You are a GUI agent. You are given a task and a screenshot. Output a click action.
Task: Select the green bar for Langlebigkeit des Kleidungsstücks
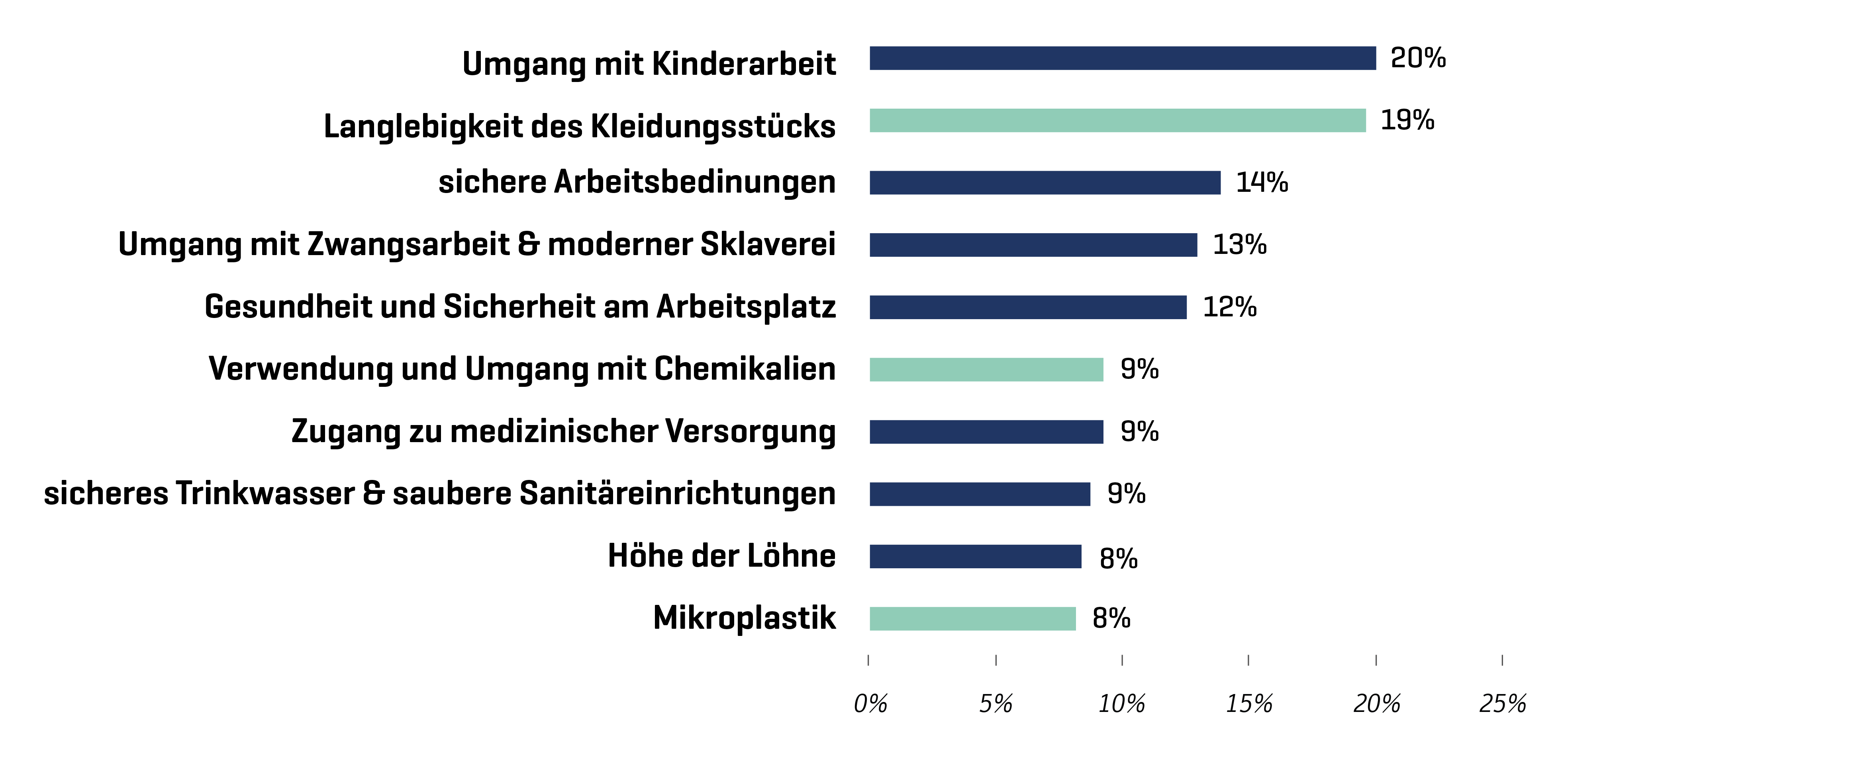click(1117, 121)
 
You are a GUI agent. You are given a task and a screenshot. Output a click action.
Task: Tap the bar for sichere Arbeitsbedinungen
click(1045, 183)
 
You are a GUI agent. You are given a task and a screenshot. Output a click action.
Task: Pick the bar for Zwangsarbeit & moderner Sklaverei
click(1033, 245)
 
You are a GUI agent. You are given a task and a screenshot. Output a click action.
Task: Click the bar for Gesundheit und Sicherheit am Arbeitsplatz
click(1028, 308)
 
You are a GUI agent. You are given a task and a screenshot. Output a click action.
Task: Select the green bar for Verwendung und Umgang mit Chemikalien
click(986, 369)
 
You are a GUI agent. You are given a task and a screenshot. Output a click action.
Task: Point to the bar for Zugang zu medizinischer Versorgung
click(986, 432)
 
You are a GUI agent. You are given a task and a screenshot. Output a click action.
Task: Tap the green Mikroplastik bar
click(973, 618)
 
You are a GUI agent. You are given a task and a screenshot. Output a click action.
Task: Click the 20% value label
click(1418, 58)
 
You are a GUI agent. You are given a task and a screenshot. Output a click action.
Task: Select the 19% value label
click(1407, 120)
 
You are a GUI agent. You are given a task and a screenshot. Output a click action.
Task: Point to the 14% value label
click(1262, 183)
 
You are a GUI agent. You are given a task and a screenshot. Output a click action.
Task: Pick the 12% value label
click(1229, 308)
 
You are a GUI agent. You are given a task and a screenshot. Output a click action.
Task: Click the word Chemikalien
click(745, 369)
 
